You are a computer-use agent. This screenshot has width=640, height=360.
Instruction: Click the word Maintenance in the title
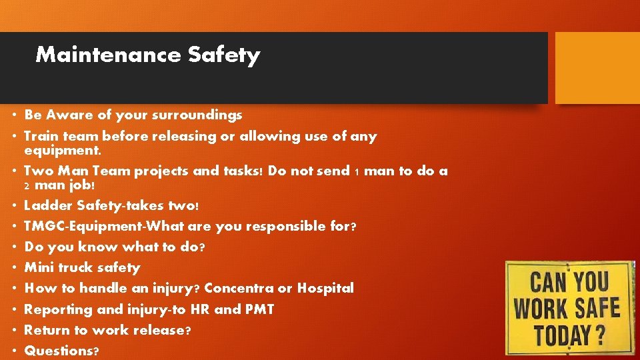pyautogui.click(x=108, y=55)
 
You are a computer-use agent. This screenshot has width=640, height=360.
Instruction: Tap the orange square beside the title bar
pyautogui.click(x=597, y=68)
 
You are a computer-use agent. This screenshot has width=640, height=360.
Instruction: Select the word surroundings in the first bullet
pyautogui.click(x=198, y=115)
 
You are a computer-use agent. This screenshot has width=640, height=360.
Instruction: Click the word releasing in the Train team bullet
pyautogui.click(x=183, y=137)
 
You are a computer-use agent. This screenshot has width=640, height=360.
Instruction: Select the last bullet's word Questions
pyautogui.click(x=58, y=351)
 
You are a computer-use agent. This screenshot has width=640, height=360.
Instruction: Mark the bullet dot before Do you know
pyautogui.click(x=14, y=247)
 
